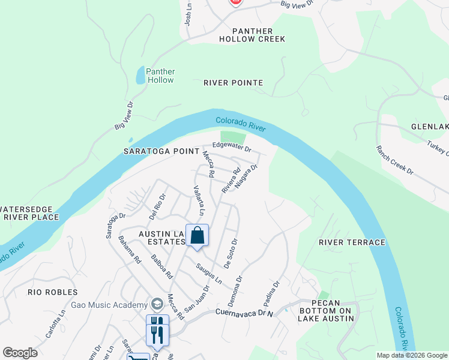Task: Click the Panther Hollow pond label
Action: [x=160, y=76]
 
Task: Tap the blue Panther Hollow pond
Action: [x=140, y=75]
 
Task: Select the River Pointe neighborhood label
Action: [x=233, y=83]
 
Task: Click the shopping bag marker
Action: [x=197, y=236]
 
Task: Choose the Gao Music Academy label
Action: [x=109, y=305]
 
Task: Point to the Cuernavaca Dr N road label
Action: [x=244, y=313]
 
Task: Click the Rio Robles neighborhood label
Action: [x=53, y=292]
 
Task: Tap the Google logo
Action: [x=20, y=352]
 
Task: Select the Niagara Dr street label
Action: [x=246, y=176]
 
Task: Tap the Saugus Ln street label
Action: [x=209, y=271]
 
